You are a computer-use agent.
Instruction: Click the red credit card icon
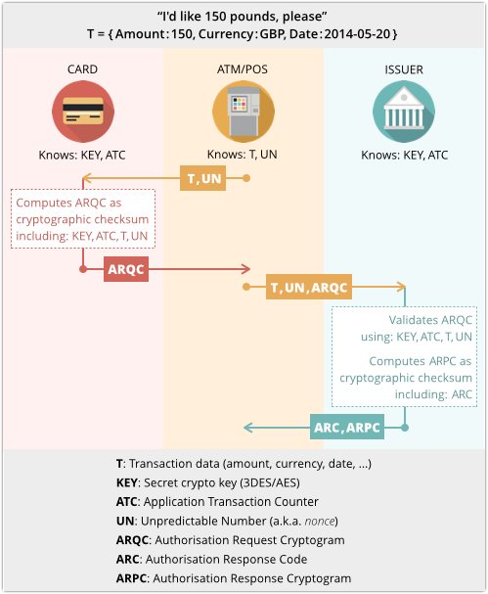(83, 112)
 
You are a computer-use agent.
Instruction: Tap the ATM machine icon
(244, 112)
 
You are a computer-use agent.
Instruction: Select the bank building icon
(404, 112)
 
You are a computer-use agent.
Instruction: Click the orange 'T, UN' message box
(202, 178)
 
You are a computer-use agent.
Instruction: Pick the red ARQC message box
(126, 269)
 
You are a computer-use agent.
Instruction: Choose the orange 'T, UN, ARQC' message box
(309, 287)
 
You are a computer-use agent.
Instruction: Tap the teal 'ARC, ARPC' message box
(347, 427)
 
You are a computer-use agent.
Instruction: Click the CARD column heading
(82, 69)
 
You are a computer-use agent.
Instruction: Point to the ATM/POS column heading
(243, 69)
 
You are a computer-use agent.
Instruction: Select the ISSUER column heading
(404, 69)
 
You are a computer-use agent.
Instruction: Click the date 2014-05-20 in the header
(357, 34)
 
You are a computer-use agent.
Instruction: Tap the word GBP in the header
(272, 34)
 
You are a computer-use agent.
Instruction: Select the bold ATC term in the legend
(126, 502)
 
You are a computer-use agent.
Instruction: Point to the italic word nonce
(320, 522)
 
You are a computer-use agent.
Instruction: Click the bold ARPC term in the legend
(131, 578)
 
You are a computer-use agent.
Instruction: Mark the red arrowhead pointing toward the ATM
(246, 269)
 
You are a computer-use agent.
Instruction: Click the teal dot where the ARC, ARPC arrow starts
(405, 428)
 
